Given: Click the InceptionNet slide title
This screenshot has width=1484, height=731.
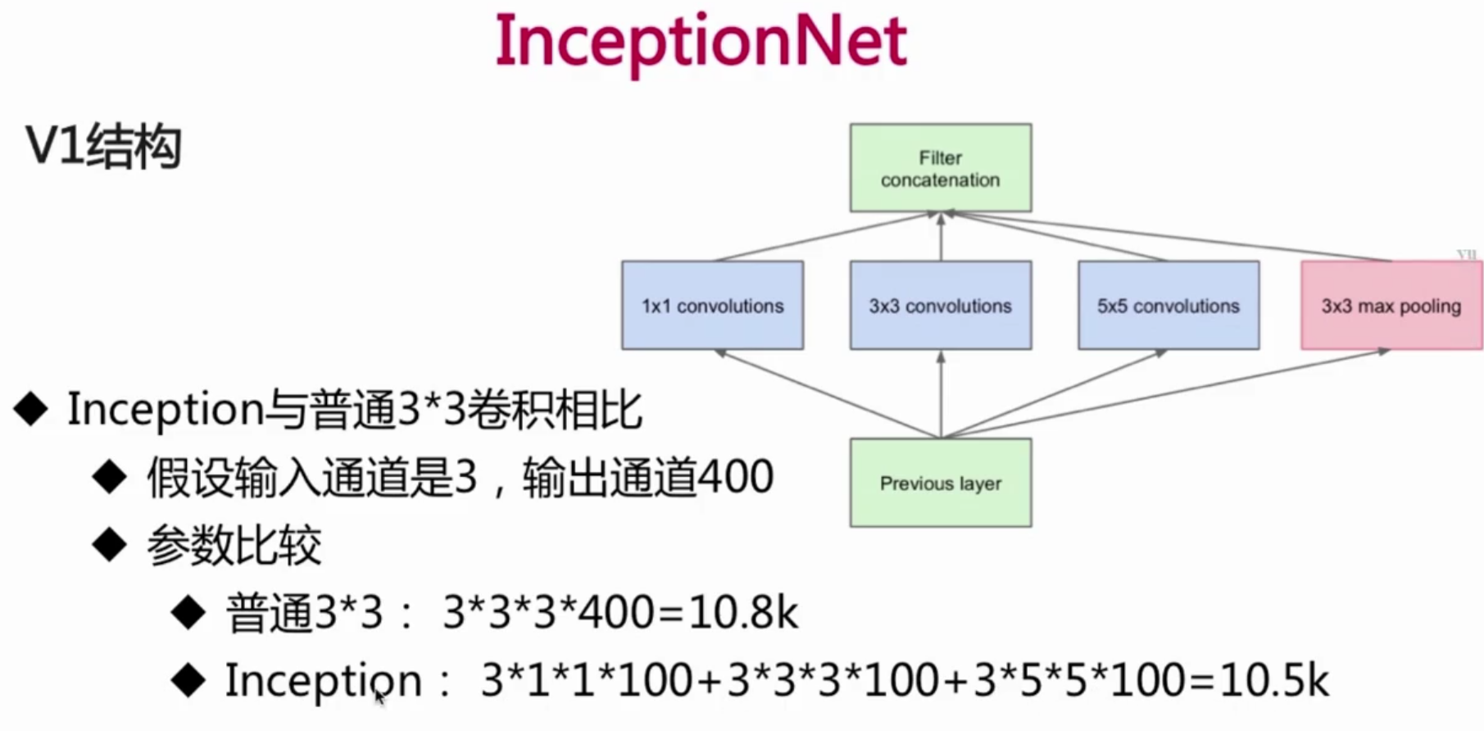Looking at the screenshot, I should [x=701, y=41].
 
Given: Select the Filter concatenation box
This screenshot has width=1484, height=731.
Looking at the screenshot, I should [x=940, y=168].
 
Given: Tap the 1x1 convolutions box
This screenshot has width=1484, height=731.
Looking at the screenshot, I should [x=712, y=306].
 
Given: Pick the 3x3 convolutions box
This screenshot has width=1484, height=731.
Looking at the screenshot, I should [x=940, y=306].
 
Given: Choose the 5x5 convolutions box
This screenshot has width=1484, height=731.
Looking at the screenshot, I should [x=1168, y=306].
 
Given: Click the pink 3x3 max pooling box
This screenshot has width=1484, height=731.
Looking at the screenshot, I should [x=1391, y=306].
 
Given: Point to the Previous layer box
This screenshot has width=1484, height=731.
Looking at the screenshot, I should [x=940, y=483].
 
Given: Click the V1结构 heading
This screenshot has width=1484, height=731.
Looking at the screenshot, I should [x=103, y=148].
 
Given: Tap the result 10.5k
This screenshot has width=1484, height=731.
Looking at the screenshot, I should [x=1274, y=680].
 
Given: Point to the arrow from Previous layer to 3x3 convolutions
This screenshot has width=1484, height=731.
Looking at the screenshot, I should [x=941, y=393].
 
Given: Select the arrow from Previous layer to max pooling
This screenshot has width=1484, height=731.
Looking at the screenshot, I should [x=1164, y=393].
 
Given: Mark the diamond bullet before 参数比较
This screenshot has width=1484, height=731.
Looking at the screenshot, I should [x=109, y=545].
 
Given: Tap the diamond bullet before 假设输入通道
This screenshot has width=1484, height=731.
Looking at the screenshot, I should [x=109, y=477].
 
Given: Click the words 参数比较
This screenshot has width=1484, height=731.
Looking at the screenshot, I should [x=234, y=546].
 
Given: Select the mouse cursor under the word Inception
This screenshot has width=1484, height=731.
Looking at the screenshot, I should [x=379, y=697].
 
